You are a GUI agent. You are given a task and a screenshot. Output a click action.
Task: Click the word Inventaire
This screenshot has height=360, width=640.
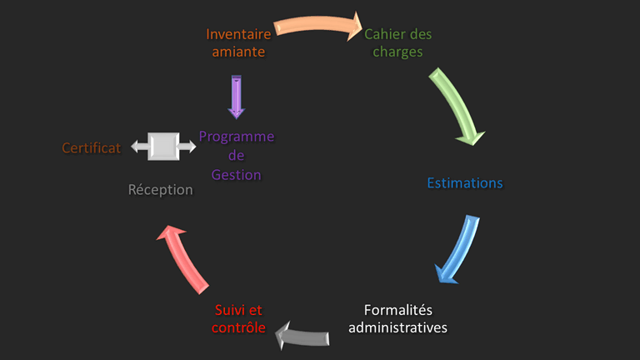pyautogui.click(x=240, y=35)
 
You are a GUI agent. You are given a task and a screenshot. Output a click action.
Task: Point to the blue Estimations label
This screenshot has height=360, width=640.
pyautogui.click(x=465, y=182)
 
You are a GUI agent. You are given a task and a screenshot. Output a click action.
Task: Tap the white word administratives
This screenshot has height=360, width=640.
pyautogui.click(x=397, y=327)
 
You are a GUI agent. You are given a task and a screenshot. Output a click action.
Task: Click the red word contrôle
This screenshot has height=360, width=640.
pyautogui.click(x=239, y=327)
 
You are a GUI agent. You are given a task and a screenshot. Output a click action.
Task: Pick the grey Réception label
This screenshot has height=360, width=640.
pyautogui.click(x=161, y=190)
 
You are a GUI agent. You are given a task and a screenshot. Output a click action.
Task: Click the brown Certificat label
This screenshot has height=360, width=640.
pyautogui.click(x=92, y=147)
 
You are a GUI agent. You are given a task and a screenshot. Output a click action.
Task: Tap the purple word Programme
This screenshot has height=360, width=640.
pyautogui.click(x=237, y=137)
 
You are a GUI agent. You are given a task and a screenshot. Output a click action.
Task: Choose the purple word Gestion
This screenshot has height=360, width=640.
pyautogui.click(x=236, y=175)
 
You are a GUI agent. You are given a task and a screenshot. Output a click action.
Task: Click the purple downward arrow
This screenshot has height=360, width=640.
pyautogui.click(x=237, y=96)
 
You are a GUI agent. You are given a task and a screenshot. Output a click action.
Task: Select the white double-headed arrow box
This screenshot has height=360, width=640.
pyautogui.click(x=163, y=147)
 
